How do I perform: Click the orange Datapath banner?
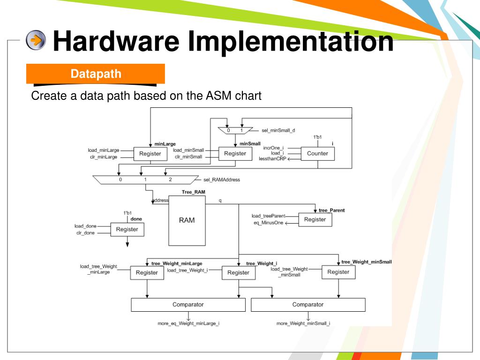pos(96,74)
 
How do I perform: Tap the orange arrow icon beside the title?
pos(36,41)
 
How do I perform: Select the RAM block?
pos(187,220)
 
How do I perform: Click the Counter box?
pos(317,154)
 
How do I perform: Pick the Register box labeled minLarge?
pos(150,154)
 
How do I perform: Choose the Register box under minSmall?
pos(235,154)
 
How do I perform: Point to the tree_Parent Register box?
pos(315,220)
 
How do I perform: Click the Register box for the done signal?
pos(127,230)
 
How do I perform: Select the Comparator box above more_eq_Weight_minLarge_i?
pos(188,305)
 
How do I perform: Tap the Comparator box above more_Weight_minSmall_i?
pos(308,305)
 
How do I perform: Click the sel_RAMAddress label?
pos(222,180)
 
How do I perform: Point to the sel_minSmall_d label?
pos(278,130)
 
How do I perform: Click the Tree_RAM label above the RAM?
pos(193,192)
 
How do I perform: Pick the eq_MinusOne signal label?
pos(269,223)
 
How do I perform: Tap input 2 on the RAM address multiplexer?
pos(171,180)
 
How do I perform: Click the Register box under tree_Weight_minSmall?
pos(338,272)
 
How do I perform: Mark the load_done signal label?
pos(85,226)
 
